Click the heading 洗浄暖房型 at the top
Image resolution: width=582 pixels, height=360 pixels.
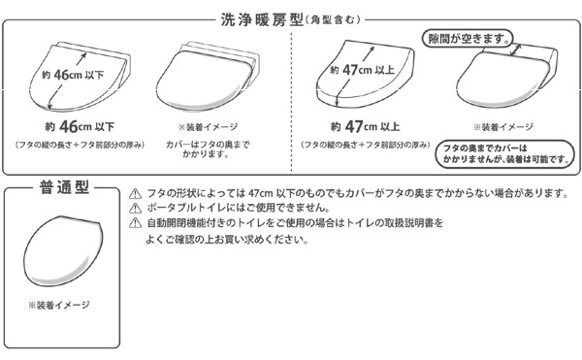pyautogui.click(x=262, y=20)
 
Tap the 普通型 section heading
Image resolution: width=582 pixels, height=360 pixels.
pyautogui.click(x=64, y=187)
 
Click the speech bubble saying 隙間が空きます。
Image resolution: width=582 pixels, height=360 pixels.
pyautogui.click(x=469, y=39)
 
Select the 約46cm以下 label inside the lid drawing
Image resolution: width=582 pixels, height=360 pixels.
pyautogui.click(x=73, y=75)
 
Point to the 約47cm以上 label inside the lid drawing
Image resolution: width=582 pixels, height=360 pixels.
pyautogui.click(x=362, y=70)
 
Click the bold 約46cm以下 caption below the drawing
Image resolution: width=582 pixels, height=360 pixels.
pyautogui.click(x=80, y=127)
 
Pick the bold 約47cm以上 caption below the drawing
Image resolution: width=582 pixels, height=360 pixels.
pyautogui.click(x=366, y=127)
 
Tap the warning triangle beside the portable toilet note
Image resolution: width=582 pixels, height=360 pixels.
pyautogui.click(x=136, y=209)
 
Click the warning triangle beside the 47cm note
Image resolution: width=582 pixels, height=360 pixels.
pyautogui.click(x=136, y=193)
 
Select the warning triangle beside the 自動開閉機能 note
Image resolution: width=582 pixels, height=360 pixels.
pyautogui.click(x=136, y=222)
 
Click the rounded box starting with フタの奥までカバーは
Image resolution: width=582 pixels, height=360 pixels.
pyautogui.click(x=504, y=154)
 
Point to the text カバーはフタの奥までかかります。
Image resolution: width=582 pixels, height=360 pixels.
pyautogui.click(x=208, y=149)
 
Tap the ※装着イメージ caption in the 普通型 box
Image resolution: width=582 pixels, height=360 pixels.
pyautogui.click(x=59, y=305)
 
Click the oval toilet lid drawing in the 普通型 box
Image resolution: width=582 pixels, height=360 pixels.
pyautogui.click(x=62, y=251)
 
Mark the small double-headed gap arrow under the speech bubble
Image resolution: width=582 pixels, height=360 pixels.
pyautogui.click(x=516, y=49)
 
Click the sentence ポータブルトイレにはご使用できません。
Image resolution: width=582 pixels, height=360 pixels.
pyautogui.click(x=239, y=208)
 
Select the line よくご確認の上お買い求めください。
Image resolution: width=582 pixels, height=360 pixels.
pyautogui.click(x=227, y=240)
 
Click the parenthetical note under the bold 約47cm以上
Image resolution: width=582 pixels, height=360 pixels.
pyautogui.click(x=366, y=145)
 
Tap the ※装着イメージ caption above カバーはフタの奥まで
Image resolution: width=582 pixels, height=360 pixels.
pyautogui.click(x=208, y=127)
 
